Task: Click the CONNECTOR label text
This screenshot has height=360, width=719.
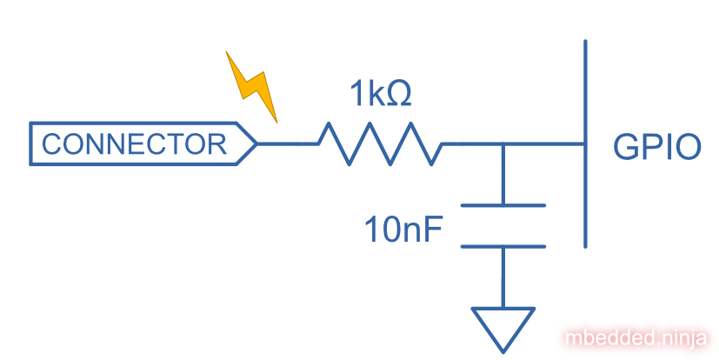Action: tap(134, 144)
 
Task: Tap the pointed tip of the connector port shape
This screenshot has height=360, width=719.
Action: tap(256, 144)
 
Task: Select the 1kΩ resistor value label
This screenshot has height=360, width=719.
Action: tap(379, 94)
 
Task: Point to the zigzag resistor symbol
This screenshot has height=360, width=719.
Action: tap(379, 143)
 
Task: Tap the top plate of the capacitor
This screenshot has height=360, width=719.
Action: tap(503, 206)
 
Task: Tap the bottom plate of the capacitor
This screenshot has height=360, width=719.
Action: tap(503, 246)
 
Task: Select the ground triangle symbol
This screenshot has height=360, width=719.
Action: tap(503, 327)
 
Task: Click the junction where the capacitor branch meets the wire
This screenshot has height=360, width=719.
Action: tap(503, 143)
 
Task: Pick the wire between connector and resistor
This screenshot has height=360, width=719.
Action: tap(280, 143)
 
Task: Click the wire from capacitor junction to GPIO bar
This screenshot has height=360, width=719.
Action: tap(543, 143)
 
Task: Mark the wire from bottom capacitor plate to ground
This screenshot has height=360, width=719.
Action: tap(503, 277)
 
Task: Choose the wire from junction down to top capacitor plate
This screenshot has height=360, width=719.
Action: tap(503, 175)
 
